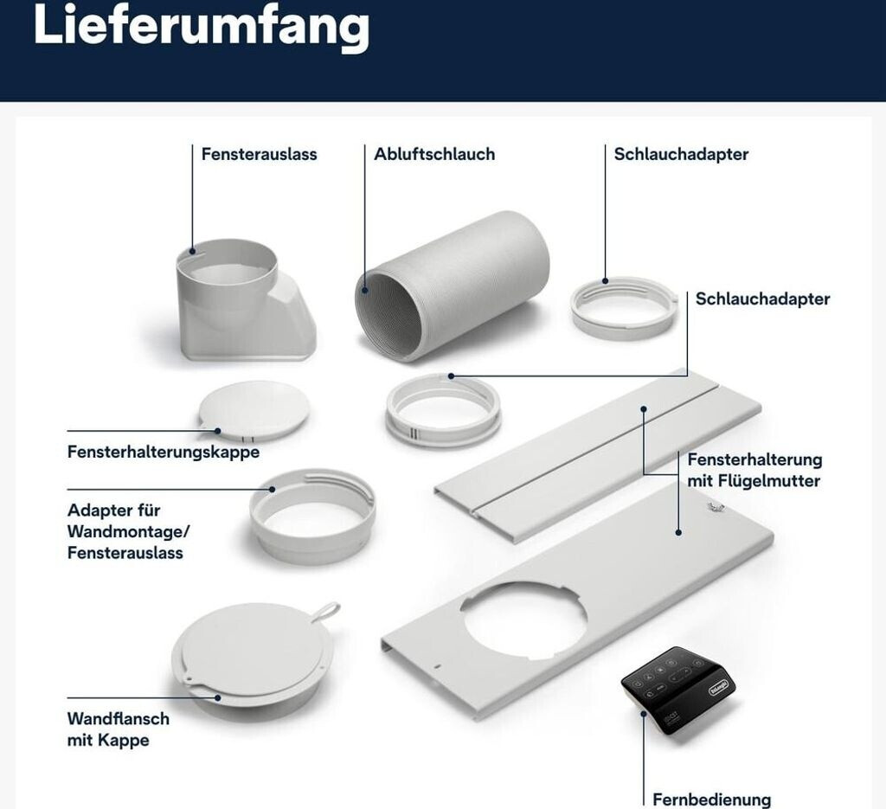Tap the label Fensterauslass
click(x=260, y=154)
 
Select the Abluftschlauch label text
click(x=434, y=154)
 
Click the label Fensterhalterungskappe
click(x=164, y=452)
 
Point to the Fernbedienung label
click(x=711, y=799)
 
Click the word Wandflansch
click(x=118, y=719)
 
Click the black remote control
click(x=678, y=690)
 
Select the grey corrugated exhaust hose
click(x=452, y=286)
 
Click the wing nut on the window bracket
click(x=715, y=507)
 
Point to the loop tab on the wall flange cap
click(x=325, y=612)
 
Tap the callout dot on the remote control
click(x=643, y=714)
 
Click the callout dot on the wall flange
click(x=218, y=697)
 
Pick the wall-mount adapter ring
click(x=312, y=516)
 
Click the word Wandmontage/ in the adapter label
click(x=129, y=531)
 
